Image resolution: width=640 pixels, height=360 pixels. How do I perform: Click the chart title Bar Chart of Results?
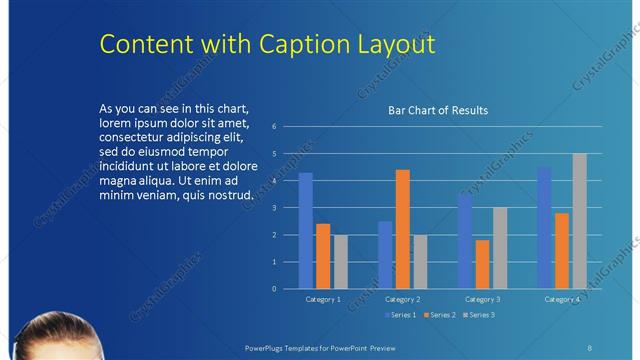coord(438,110)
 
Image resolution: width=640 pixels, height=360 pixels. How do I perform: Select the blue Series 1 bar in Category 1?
coord(306,231)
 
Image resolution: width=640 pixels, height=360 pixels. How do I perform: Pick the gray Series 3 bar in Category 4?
coord(579,221)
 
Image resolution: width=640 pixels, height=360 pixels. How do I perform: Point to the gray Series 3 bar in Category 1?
coord(341,261)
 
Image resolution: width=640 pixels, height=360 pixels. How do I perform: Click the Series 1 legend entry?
coord(400,315)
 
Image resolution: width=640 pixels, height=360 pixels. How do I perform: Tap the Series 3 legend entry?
coord(478,315)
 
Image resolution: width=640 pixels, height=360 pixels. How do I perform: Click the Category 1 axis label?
coord(322,299)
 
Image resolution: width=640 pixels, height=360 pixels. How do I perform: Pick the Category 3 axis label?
coord(482,299)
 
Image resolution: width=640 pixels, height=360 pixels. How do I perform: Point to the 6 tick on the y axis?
coord(288,127)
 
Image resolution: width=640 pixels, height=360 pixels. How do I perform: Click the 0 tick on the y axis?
coord(288,288)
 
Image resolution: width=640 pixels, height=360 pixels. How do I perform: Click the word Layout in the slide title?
coord(400,45)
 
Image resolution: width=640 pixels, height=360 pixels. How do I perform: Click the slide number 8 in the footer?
coord(589,347)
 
